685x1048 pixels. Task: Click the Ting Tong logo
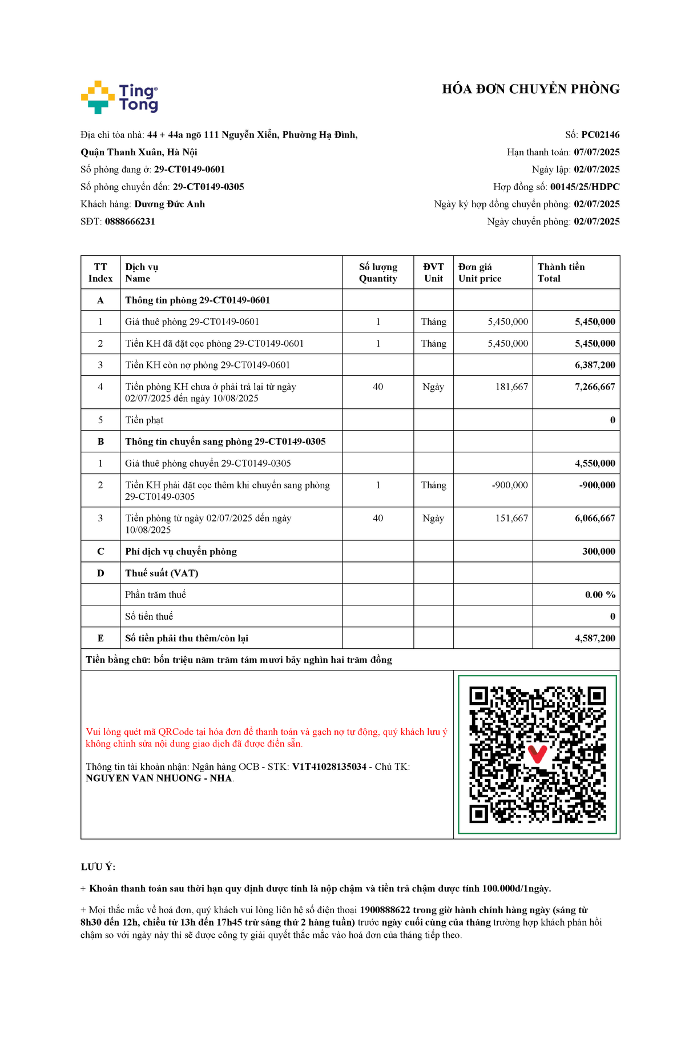(119, 98)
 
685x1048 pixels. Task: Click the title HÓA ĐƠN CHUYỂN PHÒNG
(530, 89)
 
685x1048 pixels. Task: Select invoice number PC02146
(600, 135)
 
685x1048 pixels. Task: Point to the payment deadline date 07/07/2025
(597, 152)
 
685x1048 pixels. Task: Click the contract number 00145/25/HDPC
(585, 187)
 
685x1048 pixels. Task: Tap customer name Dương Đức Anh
(170, 204)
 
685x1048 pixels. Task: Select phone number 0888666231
(130, 222)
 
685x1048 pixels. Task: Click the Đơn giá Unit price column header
(479, 272)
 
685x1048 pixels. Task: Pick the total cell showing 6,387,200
(595, 365)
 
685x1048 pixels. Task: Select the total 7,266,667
(595, 387)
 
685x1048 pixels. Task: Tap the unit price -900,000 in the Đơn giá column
(510, 485)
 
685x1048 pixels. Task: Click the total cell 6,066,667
(595, 518)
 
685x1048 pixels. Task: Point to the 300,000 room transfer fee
(599, 551)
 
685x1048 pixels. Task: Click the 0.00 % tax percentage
(600, 595)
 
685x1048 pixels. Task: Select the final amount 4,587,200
(595, 638)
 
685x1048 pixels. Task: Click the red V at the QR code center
(537, 754)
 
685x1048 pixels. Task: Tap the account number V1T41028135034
(329, 766)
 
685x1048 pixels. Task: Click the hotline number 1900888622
(385, 910)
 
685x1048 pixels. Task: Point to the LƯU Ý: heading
(98, 867)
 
